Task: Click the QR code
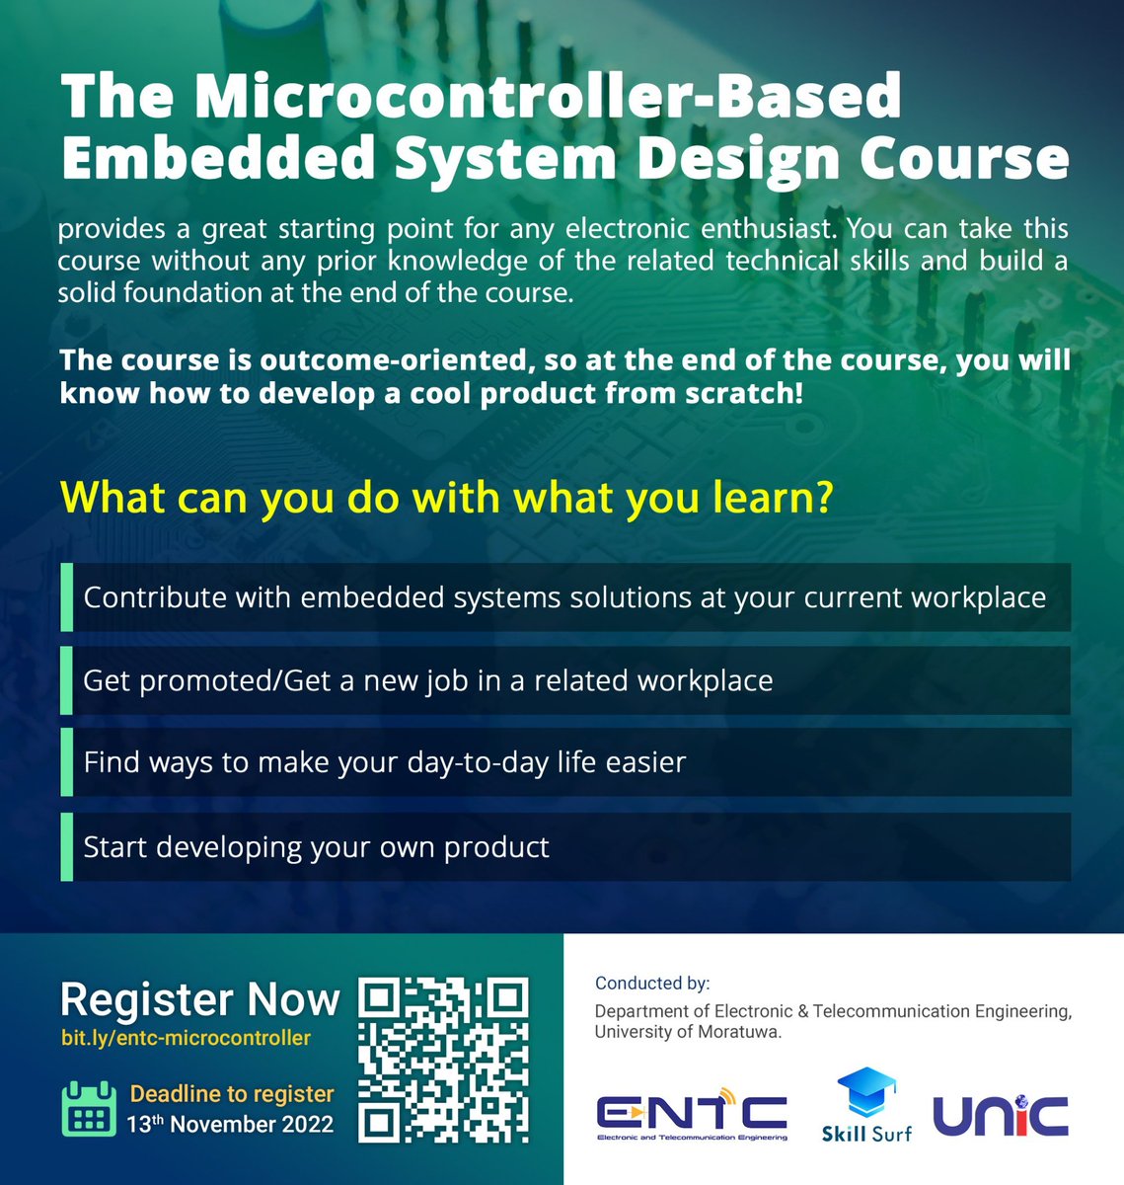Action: coord(443,1060)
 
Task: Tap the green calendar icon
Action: coord(90,1108)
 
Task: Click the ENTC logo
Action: coord(692,1115)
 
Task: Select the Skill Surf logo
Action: coord(866,1106)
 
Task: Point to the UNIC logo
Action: coord(1001,1115)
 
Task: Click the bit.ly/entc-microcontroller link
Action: coord(186,1038)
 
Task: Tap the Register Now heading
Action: coord(199,999)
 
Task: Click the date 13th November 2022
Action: coord(230,1124)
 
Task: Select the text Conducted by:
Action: coord(652,983)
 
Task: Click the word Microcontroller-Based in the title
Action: coord(548,96)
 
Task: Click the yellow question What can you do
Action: coord(447,498)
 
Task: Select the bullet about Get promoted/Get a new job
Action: coord(428,680)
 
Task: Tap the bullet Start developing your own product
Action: coord(316,847)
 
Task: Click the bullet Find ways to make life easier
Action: coord(384,762)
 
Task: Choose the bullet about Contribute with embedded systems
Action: coord(564,597)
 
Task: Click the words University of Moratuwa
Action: coord(687,1032)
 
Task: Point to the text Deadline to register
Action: coord(232,1094)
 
